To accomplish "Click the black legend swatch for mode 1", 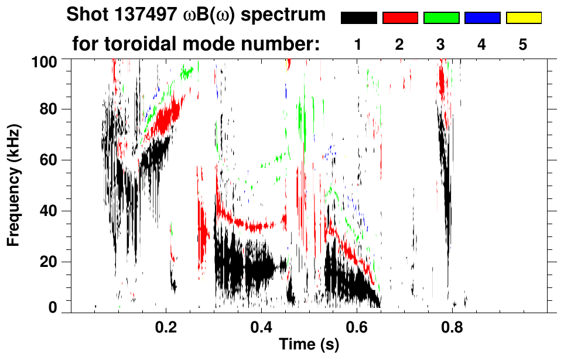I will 358,18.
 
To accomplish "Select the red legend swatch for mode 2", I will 400,18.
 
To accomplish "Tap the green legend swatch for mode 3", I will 441,18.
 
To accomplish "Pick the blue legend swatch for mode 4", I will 482,18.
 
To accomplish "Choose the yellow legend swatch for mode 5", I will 524,18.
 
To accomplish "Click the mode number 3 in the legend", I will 440,45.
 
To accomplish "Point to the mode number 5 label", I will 523,45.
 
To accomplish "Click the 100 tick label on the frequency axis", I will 45,60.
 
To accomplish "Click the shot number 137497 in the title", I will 140,15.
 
